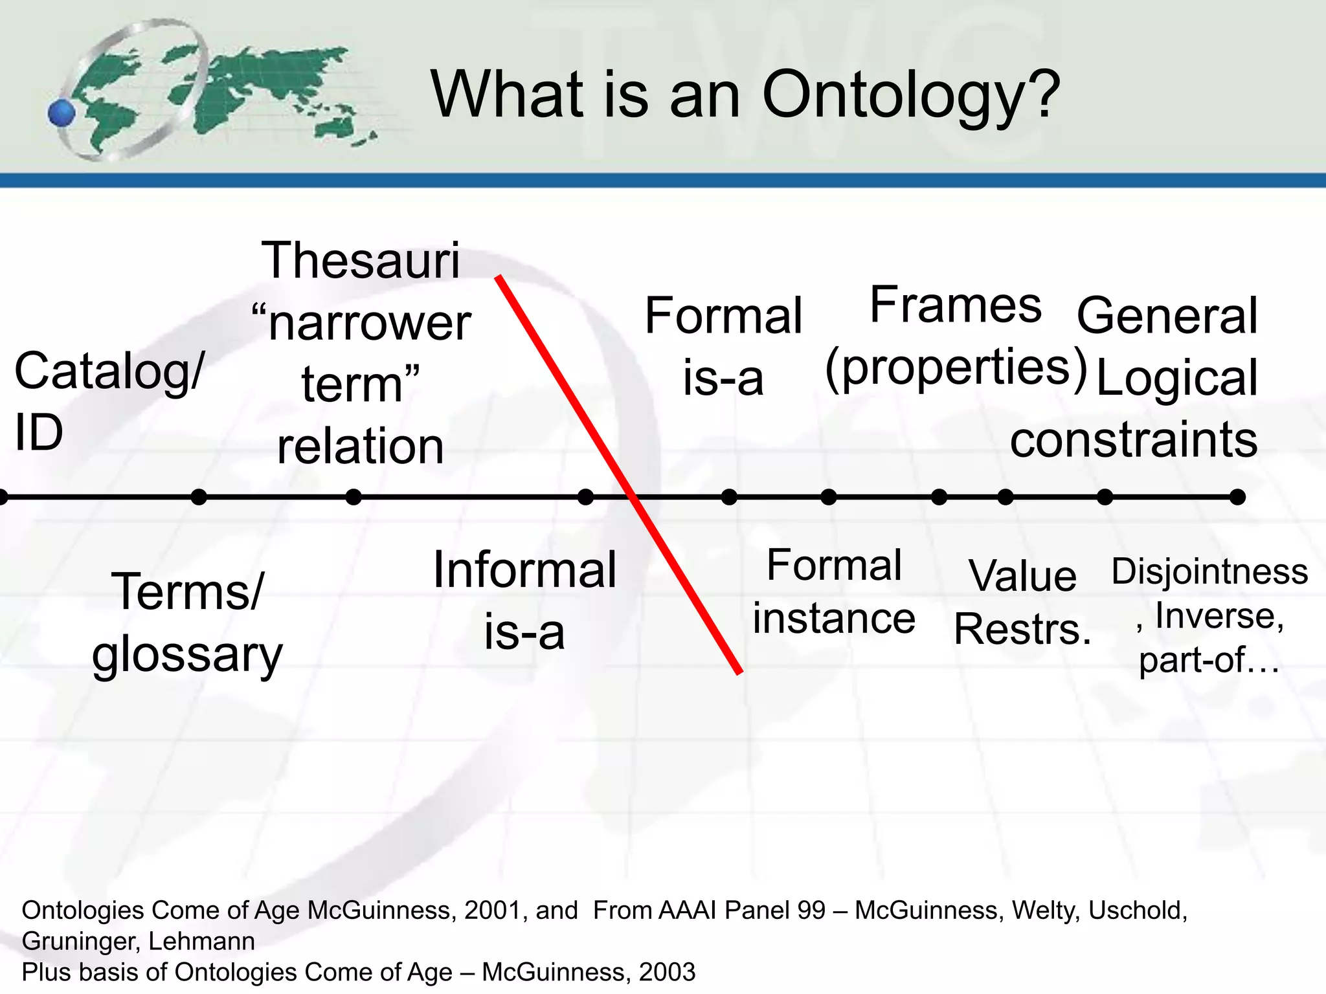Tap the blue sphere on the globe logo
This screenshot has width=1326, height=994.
point(62,114)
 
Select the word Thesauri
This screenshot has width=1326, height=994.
point(361,260)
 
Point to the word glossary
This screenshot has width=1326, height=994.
point(187,655)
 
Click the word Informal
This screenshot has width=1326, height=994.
point(524,569)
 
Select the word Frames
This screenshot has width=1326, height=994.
point(955,305)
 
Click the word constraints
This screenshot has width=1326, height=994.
point(1134,439)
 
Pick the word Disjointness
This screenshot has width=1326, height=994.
point(1209,571)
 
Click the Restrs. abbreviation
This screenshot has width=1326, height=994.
point(1022,629)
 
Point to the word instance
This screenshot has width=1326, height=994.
point(833,618)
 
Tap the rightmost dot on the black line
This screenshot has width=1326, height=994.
point(1237,497)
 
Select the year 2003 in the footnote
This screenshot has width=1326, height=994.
point(667,972)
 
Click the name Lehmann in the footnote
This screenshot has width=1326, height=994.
point(201,941)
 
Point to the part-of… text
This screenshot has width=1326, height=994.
point(1209,660)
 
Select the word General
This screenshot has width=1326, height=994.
point(1167,315)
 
